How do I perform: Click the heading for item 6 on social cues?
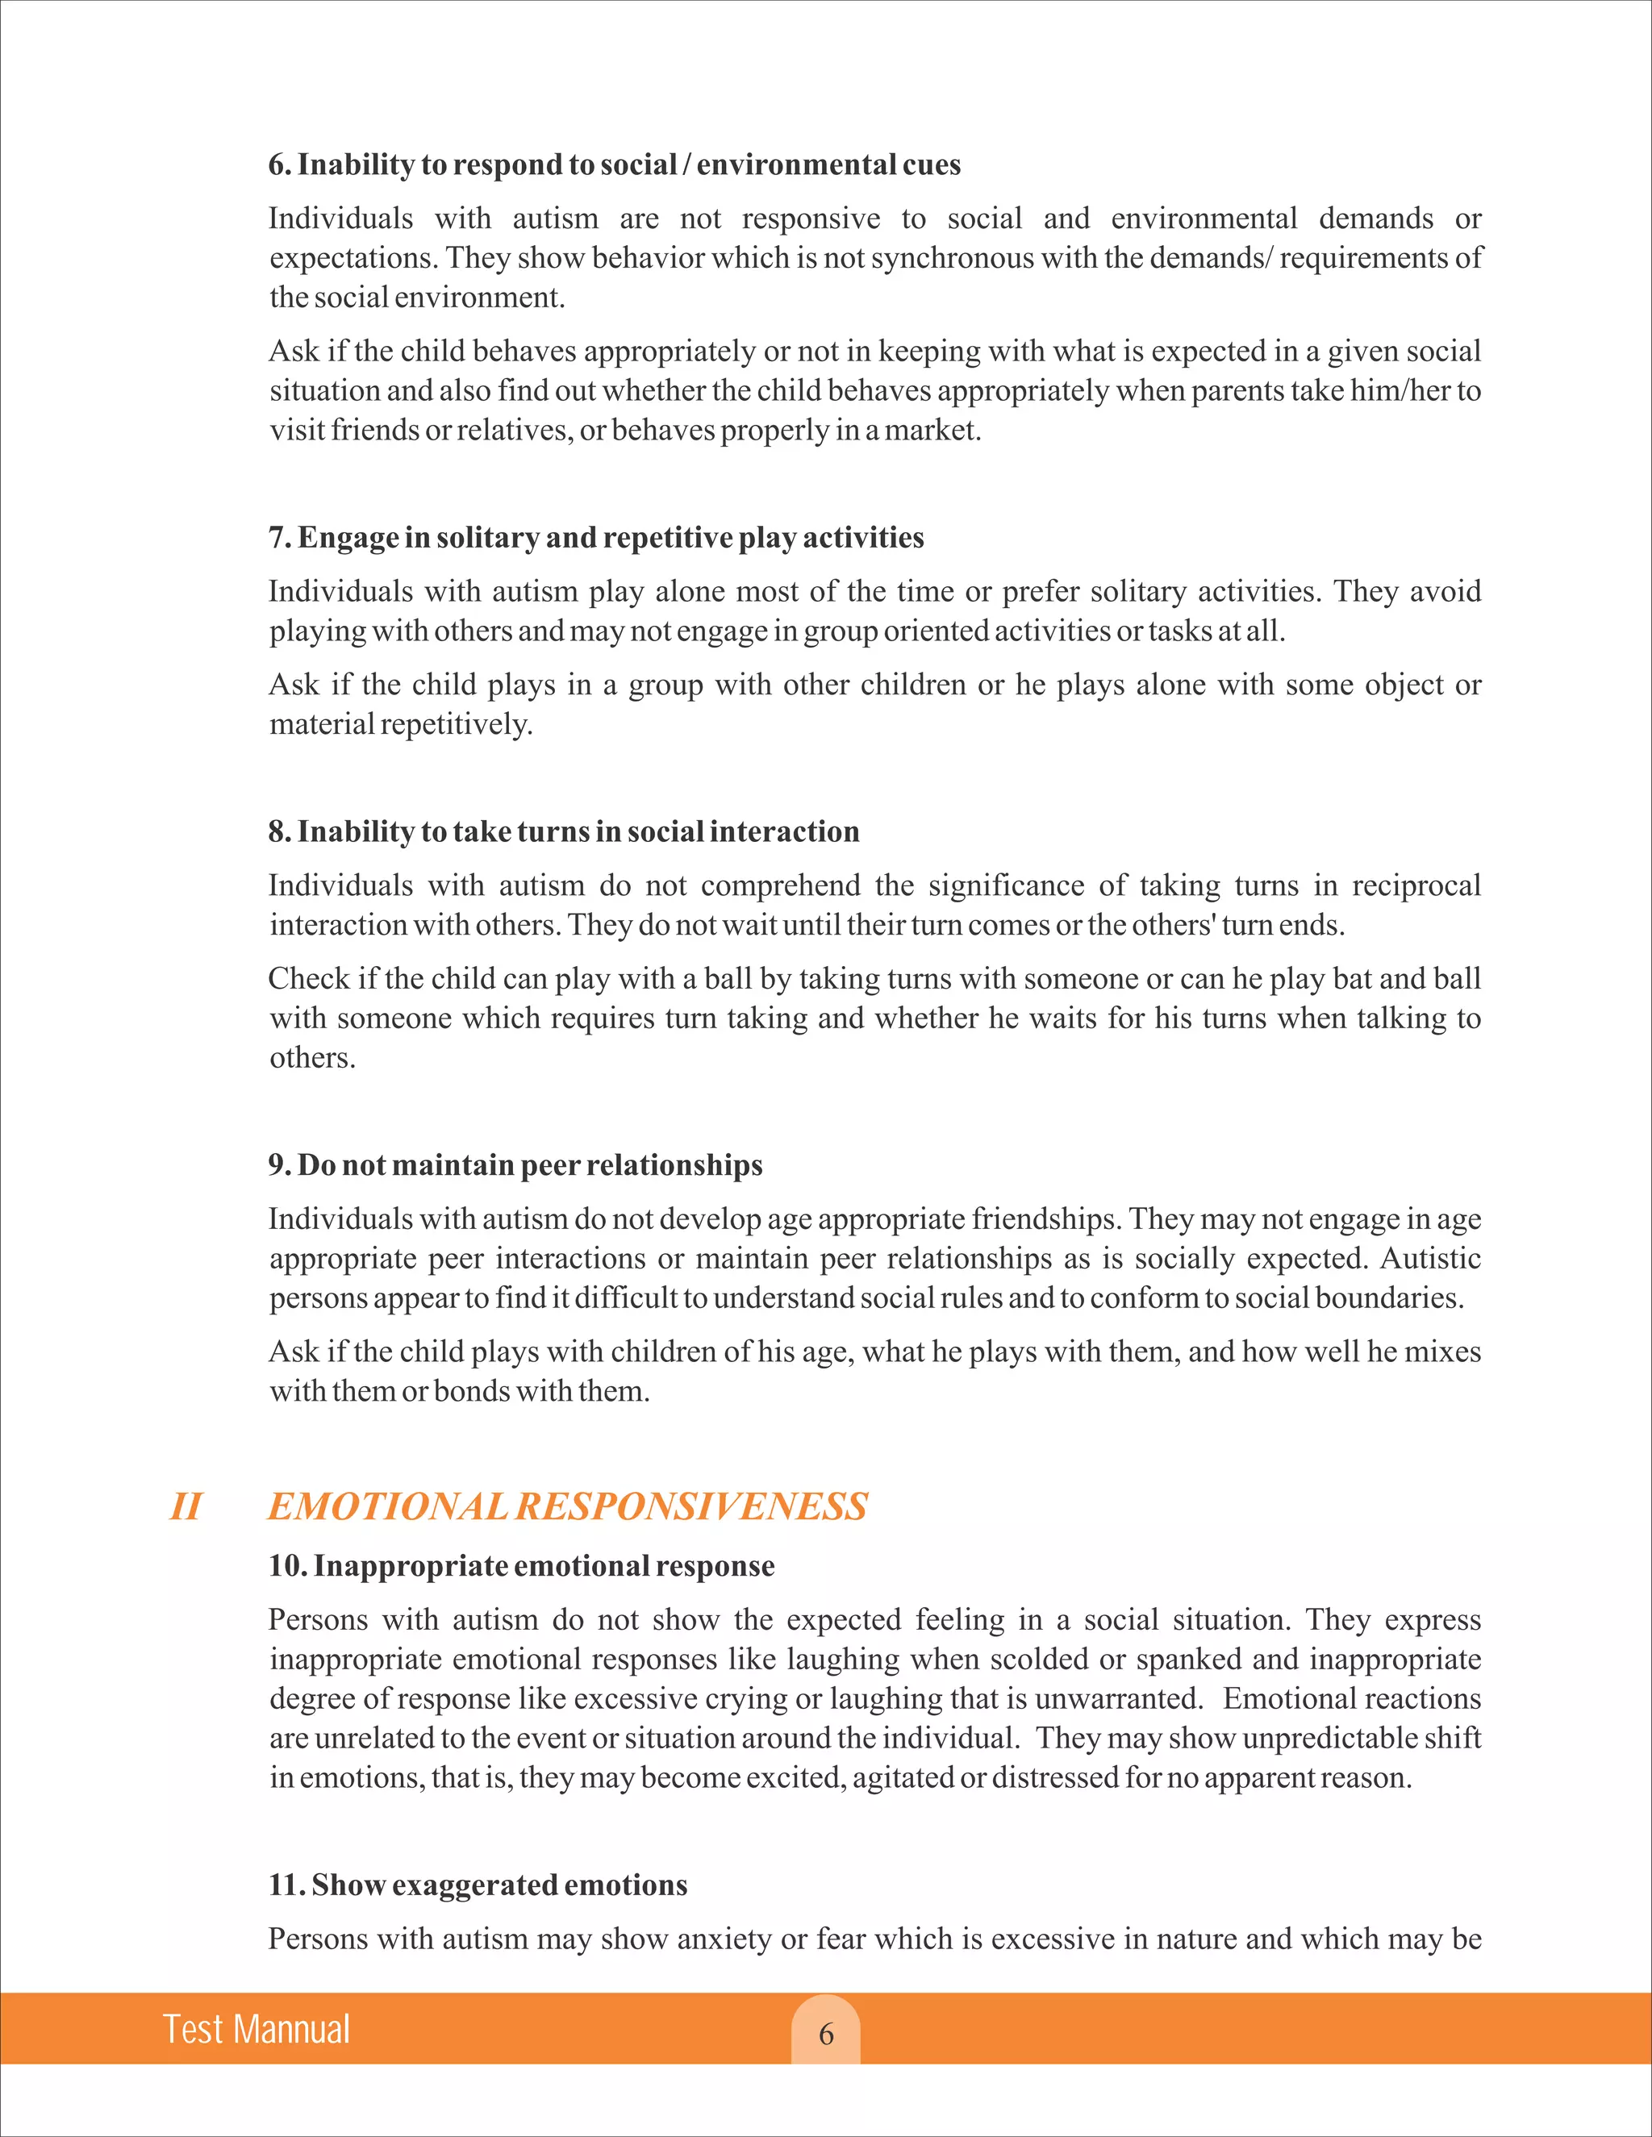click(615, 165)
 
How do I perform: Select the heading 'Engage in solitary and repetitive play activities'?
click(596, 537)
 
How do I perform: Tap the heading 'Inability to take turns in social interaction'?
click(564, 831)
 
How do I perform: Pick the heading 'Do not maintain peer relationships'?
click(515, 1164)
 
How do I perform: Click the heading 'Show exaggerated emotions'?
click(478, 1885)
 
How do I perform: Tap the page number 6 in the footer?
click(826, 2035)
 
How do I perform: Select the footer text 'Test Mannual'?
click(257, 2030)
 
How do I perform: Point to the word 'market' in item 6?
click(930, 431)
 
